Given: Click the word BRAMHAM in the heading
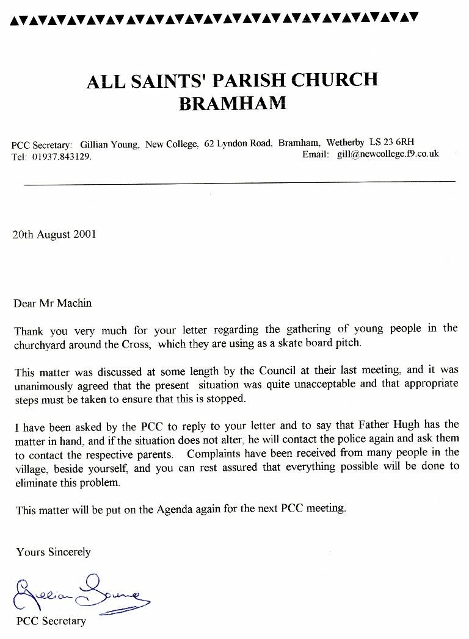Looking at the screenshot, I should coord(232,103).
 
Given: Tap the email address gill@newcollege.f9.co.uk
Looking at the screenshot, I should coord(388,154).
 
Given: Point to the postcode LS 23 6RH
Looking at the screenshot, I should coord(396,143).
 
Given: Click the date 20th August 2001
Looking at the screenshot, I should coord(54,234).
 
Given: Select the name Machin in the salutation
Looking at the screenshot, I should coord(75,303).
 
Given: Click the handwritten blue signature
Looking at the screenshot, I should coord(79,592).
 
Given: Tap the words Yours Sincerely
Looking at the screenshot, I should coord(53,552).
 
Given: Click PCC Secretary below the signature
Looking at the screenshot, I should coord(51,621).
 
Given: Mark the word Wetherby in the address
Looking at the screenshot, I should coord(347,143).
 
